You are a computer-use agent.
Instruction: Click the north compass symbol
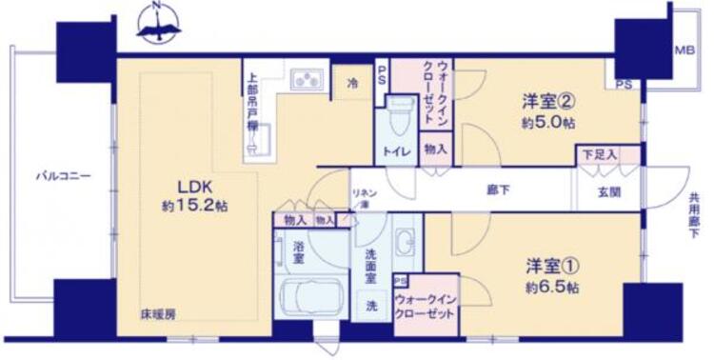tap(158, 25)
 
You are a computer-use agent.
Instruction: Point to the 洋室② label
tap(545, 99)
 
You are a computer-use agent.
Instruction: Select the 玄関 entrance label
tap(609, 191)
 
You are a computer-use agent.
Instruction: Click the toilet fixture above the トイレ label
tap(400, 113)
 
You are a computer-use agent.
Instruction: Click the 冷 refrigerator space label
tap(351, 82)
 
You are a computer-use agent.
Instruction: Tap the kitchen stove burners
tap(307, 78)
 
